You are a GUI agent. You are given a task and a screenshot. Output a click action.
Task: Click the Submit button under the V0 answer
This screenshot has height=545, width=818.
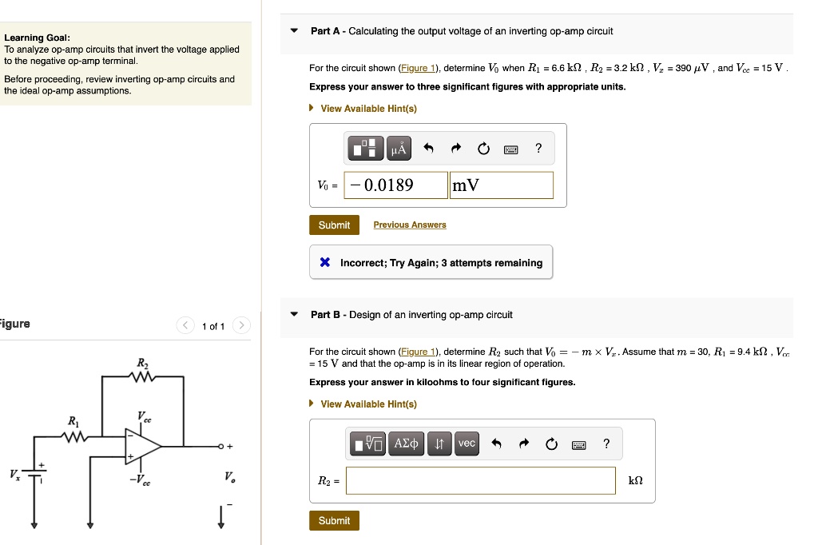pos(334,225)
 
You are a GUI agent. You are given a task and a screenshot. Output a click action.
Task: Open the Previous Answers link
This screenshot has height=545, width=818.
pos(410,225)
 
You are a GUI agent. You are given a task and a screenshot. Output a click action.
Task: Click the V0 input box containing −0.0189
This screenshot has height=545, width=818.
pos(396,185)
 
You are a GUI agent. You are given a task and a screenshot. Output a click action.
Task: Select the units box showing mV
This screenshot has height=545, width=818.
pos(501,185)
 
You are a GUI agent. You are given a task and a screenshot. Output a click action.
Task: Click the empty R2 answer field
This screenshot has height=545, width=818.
pos(481,481)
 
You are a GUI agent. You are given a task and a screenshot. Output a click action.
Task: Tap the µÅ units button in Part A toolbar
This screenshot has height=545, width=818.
pos(398,149)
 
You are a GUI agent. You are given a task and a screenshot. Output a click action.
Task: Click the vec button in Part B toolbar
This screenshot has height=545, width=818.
pos(467,444)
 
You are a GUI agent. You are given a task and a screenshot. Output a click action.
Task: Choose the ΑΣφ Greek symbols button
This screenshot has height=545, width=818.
pos(407,444)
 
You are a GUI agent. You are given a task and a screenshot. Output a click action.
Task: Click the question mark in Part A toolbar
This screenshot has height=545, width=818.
pos(538,148)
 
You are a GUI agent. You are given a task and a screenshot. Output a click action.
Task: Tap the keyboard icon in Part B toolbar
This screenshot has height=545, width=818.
pos(578,444)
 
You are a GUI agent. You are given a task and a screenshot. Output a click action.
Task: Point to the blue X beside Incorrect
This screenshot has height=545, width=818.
pos(325,263)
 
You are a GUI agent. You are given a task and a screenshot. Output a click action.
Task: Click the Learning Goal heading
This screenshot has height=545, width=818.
pos(37,38)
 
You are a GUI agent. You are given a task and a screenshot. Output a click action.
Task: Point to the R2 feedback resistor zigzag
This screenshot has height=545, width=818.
pos(142,376)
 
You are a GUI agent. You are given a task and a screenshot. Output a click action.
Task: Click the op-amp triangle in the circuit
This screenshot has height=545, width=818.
pos(141,447)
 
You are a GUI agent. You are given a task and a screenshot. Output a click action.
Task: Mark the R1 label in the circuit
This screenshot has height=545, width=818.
pos(73,421)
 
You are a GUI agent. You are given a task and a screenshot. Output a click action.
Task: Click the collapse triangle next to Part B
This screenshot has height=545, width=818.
pos(294,315)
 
